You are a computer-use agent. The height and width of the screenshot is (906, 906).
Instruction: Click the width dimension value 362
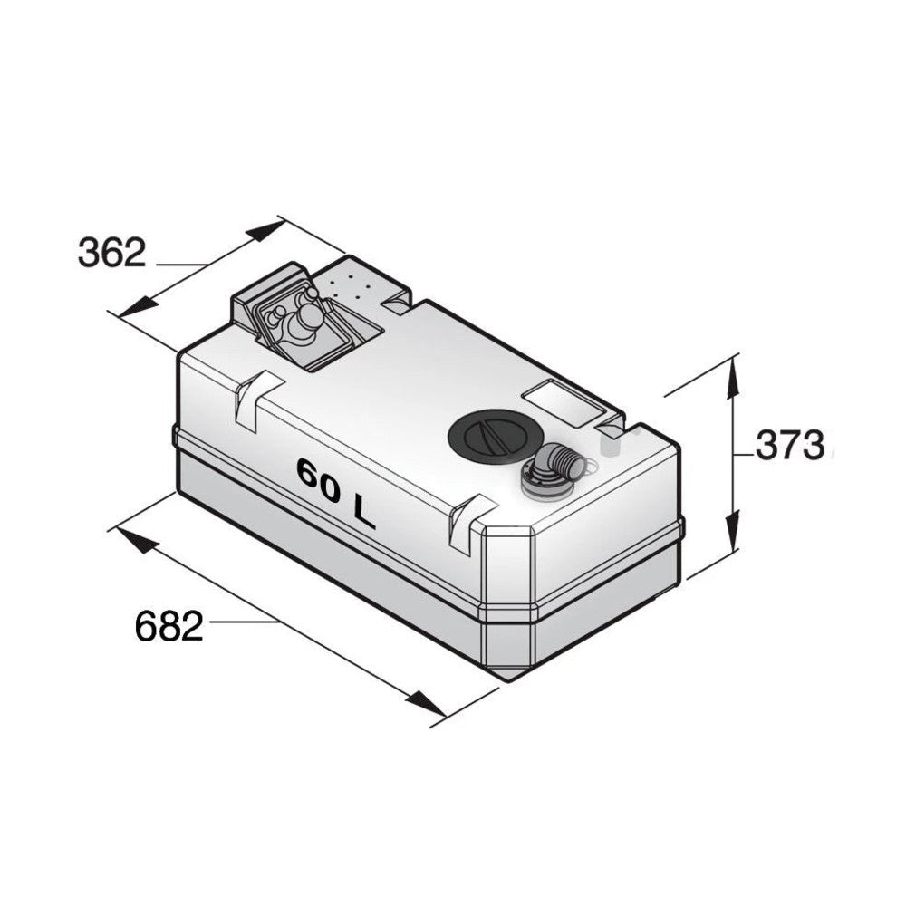[112, 253]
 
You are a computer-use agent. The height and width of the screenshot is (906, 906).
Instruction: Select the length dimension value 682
[169, 626]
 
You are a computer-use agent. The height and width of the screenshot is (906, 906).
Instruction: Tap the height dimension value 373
[789, 446]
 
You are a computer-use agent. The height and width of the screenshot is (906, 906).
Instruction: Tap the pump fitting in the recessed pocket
[294, 320]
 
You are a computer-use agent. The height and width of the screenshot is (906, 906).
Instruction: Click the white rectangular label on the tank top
[564, 403]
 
